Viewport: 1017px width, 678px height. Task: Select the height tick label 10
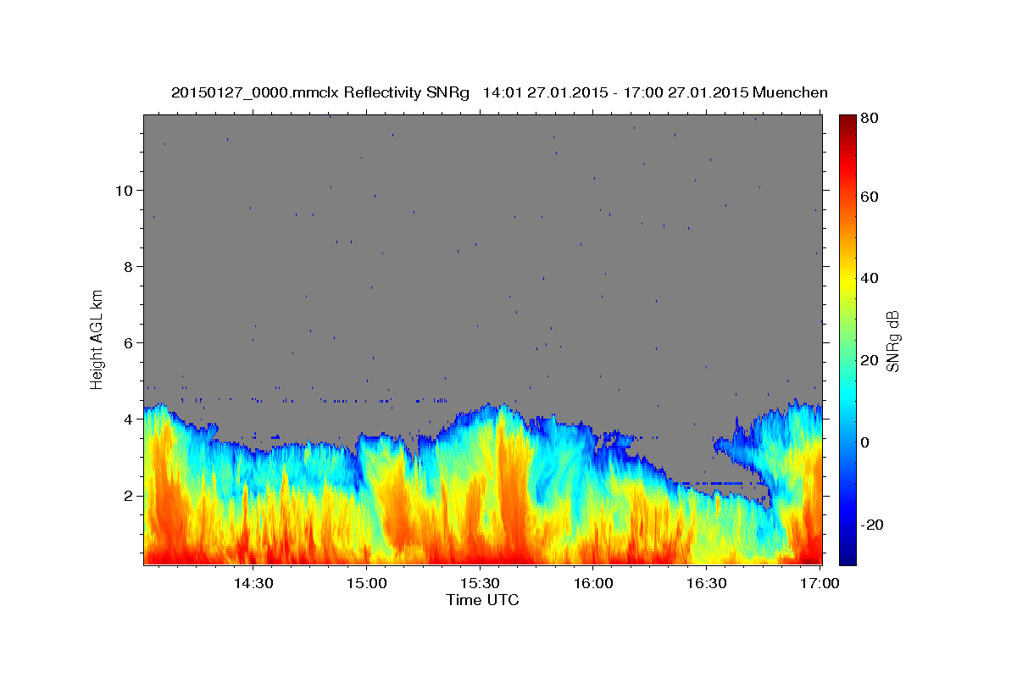pyautogui.click(x=123, y=190)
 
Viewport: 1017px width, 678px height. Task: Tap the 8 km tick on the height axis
pyautogui.click(x=127, y=266)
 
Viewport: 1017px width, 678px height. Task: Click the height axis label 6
pyautogui.click(x=127, y=342)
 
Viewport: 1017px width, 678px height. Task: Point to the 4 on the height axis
pyautogui.click(x=127, y=419)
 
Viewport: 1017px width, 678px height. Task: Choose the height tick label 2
pyautogui.click(x=127, y=495)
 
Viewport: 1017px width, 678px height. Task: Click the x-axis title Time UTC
pyautogui.click(x=482, y=600)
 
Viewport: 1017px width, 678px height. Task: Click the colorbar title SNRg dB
pyautogui.click(x=892, y=340)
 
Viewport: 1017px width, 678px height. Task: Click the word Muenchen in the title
pyautogui.click(x=789, y=92)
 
